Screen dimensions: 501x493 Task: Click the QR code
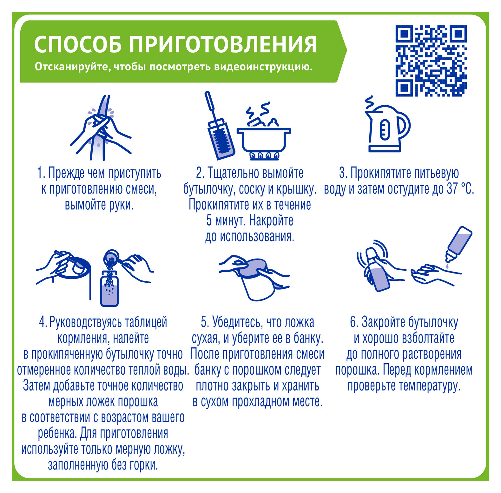pos(431,61)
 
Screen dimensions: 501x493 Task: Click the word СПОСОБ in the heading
pos(77,44)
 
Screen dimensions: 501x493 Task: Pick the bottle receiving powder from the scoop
pos(110,288)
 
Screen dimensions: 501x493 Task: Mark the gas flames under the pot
pos(265,155)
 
